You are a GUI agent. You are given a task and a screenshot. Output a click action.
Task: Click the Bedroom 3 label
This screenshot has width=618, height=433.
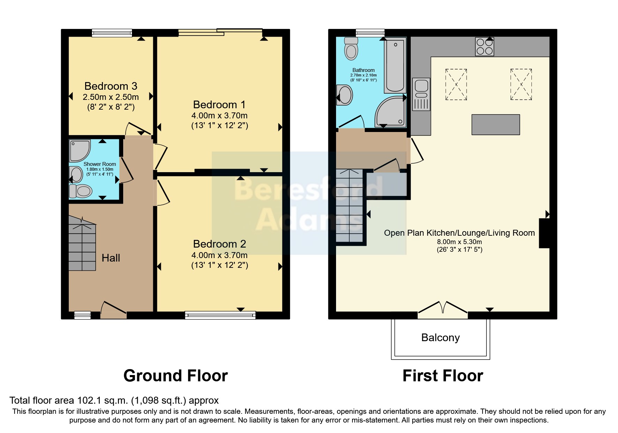(111, 86)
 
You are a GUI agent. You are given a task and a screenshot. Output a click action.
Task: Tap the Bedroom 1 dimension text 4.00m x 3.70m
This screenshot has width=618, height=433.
(219, 116)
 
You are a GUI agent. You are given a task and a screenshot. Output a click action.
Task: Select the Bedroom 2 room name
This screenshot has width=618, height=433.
(219, 244)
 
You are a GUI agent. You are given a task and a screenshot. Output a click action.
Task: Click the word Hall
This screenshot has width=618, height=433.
(111, 258)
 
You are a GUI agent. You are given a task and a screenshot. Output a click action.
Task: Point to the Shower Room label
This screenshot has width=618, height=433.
(100, 164)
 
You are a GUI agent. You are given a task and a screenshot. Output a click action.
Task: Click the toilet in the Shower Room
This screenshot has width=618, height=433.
(81, 191)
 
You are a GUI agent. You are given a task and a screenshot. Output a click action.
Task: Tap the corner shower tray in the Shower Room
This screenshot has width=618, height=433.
(80, 151)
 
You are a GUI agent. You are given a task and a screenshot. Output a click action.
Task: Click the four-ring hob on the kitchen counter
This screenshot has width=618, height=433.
(485, 47)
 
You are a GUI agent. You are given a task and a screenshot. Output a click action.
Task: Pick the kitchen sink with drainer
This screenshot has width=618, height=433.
(421, 94)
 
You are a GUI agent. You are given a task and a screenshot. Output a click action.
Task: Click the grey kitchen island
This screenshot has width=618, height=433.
(496, 125)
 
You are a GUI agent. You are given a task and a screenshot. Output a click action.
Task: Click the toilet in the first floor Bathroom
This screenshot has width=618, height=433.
(351, 48)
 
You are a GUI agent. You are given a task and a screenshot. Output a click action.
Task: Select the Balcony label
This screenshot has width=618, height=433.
(440, 338)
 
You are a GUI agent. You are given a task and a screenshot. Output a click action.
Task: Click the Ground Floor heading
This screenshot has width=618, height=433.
(176, 376)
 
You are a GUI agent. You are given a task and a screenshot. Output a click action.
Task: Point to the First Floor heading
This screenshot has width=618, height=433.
(443, 376)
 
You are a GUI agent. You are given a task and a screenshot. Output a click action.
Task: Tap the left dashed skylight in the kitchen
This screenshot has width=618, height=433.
(456, 85)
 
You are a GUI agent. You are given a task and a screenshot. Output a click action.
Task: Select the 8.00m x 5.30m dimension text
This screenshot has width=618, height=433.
(460, 242)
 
